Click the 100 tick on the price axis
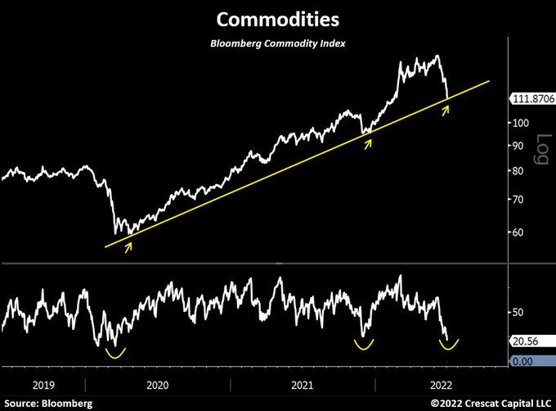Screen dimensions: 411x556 (520, 122)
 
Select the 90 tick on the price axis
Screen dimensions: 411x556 (518, 146)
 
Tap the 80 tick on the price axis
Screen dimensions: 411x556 (518, 170)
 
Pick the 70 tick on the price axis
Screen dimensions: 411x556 (518, 199)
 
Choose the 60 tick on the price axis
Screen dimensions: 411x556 (518, 232)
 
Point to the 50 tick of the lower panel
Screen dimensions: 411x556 (518, 312)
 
